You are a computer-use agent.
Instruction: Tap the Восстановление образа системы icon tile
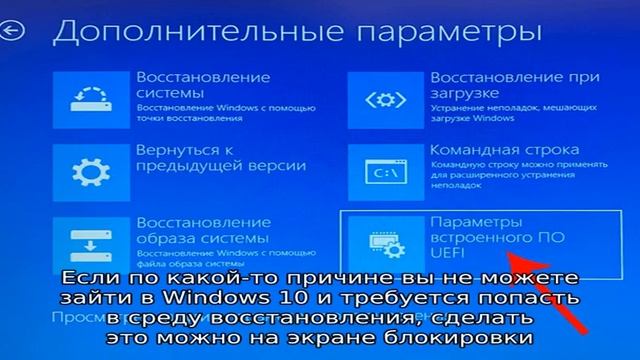click(x=87, y=244)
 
